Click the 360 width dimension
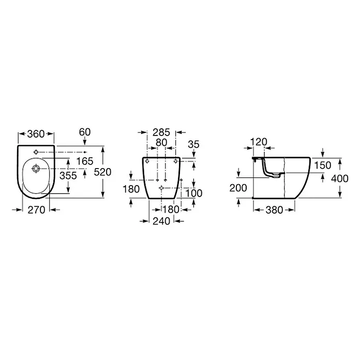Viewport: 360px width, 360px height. pyautogui.click(x=36, y=134)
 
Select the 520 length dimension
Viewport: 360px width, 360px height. pyautogui.click(x=102, y=172)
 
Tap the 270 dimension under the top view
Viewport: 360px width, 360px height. pyautogui.click(x=37, y=210)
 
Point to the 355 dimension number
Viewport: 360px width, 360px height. pyautogui.click(x=68, y=176)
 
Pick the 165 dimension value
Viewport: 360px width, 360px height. pyautogui.click(x=85, y=161)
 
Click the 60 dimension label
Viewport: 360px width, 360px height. pyautogui.click(x=85, y=132)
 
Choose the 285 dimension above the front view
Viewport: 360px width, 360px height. pyautogui.click(x=161, y=132)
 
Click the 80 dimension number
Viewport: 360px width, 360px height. pyautogui.click(x=161, y=143)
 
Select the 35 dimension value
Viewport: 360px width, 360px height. pyautogui.click(x=193, y=144)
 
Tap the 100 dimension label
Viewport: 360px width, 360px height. pyautogui.click(x=194, y=193)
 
